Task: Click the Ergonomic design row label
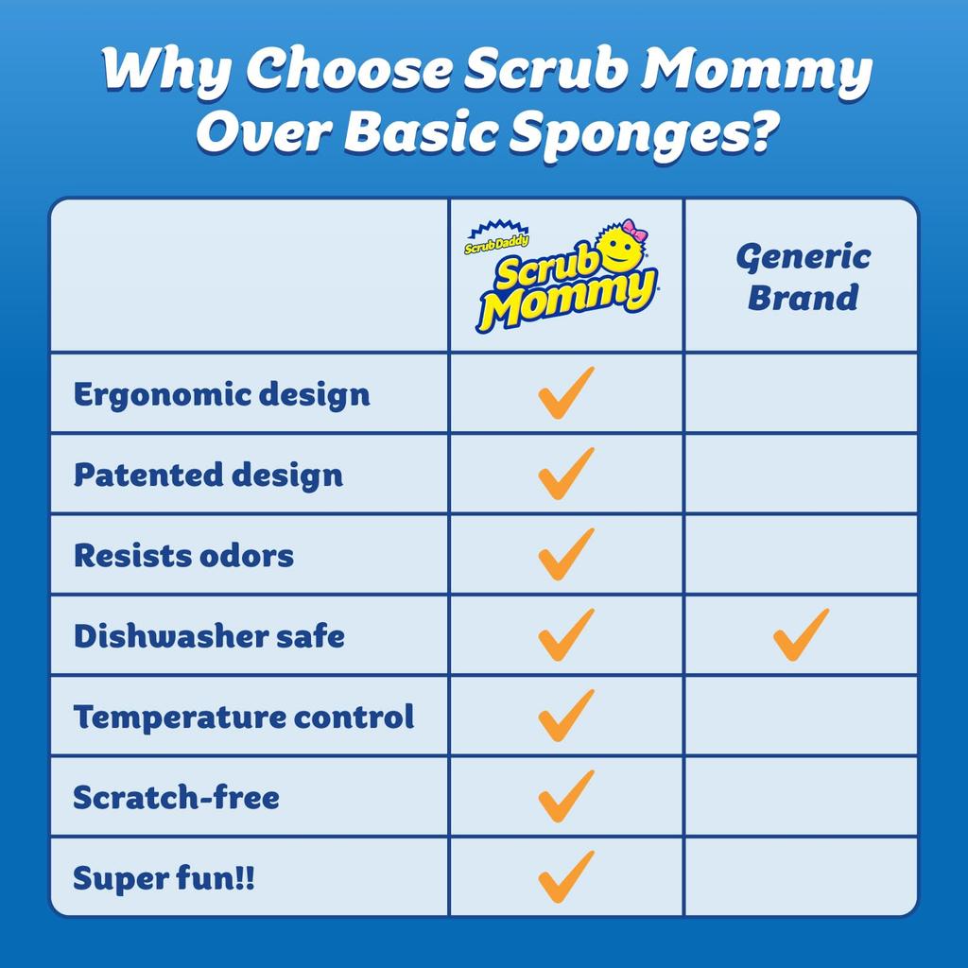coord(221,394)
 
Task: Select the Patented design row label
coord(208,475)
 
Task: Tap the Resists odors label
coord(183,555)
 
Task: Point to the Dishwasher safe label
coord(209,636)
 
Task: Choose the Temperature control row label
coord(244,717)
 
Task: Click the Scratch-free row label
coord(177,797)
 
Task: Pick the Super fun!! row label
coord(164,878)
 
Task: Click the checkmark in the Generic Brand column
coord(801,634)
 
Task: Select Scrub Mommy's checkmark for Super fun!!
coord(566,876)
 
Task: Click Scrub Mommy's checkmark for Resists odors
coord(566,554)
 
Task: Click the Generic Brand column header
coord(803,277)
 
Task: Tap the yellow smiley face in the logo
coord(621,248)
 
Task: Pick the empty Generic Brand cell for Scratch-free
coord(801,796)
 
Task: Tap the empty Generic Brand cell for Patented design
coord(801,474)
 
